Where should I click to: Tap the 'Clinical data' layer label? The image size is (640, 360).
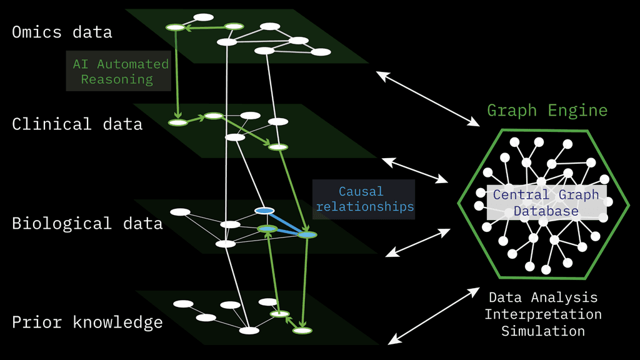(x=77, y=124)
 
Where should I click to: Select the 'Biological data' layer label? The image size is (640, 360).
(x=87, y=223)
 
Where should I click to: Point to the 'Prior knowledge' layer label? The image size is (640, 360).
(x=87, y=322)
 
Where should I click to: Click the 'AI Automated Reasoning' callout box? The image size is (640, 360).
(x=119, y=71)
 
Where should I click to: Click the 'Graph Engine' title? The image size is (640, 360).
(x=547, y=111)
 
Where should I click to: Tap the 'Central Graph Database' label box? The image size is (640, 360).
(x=546, y=203)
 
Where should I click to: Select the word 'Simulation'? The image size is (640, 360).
(x=542, y=331)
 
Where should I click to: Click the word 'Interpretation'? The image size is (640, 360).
(x=542, y=314)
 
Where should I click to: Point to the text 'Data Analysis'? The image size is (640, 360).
(x=542, y=297)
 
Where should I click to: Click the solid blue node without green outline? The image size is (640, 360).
(x=264, y=211)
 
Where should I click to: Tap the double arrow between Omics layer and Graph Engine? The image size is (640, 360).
(x=426, y=97)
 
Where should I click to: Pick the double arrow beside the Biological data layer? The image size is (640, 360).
(x=417, y=242)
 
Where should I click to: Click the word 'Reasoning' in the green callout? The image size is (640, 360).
(x=116, y=79)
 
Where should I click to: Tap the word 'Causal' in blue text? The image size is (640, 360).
(x=361, y=191)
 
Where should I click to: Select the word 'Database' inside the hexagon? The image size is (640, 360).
(x=546, y=211)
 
